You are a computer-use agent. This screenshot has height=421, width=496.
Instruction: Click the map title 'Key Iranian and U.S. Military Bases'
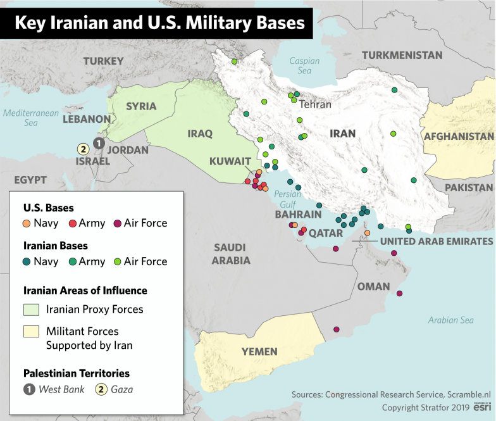pos(159,23)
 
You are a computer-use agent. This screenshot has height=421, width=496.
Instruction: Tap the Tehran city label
pos(314,104)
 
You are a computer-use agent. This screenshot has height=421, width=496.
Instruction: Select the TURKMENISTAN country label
pos(402,55)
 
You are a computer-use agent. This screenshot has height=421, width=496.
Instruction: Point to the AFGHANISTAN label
pos(459,136)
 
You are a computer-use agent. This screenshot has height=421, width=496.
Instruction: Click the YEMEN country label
pos(259,351)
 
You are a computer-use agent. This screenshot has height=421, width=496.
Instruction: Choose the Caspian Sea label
pos(304,66)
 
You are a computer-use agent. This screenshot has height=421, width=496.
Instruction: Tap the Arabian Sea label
pos(450,320)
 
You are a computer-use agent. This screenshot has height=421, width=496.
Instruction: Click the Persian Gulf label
pos(288,199)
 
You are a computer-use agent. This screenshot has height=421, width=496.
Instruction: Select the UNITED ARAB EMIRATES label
pos(436,241)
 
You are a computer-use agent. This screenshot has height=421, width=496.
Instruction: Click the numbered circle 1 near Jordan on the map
pos(98,143)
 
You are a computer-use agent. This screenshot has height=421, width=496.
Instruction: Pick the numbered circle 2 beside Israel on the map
pos(82,149)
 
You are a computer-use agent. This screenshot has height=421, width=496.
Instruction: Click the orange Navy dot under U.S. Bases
pos(27,223)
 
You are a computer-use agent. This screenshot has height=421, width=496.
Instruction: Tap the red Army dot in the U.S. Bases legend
pos(72,223)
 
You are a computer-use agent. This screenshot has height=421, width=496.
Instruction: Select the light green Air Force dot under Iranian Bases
pos(117,261)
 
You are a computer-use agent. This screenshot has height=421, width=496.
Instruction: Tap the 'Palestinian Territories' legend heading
pos(77,374)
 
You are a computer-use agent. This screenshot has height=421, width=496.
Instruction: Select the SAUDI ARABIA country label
pos(231,254)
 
